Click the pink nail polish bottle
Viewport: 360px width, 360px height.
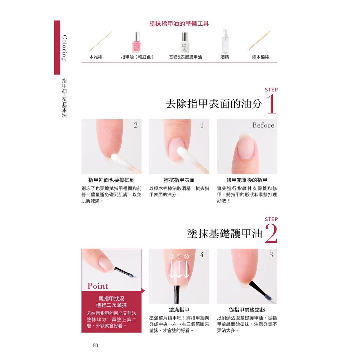136,43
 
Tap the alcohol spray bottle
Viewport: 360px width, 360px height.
225,41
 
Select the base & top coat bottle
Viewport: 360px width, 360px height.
185,43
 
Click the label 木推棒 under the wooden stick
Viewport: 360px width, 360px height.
96,57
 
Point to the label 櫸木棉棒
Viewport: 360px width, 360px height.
261,57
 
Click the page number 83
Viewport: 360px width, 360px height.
96,345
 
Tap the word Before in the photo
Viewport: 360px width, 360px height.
263,125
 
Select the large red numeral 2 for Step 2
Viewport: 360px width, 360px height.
271,234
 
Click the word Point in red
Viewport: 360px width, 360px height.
98,286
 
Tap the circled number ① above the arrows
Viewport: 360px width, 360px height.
179,256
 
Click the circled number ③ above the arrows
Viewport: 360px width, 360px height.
186,256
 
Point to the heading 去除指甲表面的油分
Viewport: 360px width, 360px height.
214,104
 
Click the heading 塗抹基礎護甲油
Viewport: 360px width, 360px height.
225,234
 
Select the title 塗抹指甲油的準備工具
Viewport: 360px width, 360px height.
179,24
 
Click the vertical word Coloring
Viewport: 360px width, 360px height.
65,48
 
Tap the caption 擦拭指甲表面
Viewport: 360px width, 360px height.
179,180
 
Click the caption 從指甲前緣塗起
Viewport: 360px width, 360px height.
247,310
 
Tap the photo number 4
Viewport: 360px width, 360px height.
202,255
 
